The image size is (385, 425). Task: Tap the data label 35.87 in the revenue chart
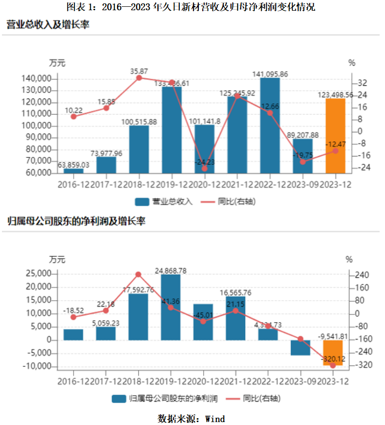pos(139,71)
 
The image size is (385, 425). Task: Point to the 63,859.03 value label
pos(74,165)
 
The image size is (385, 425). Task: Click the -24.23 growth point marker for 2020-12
pos(205,169)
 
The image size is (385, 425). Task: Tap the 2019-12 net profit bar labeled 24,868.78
pos(171,307)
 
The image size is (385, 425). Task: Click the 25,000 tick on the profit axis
pos(38,274)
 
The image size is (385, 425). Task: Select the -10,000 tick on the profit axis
pos(37,367)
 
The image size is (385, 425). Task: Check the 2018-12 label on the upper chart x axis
pos(139,186)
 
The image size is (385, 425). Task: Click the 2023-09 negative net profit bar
pos(300,348)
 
